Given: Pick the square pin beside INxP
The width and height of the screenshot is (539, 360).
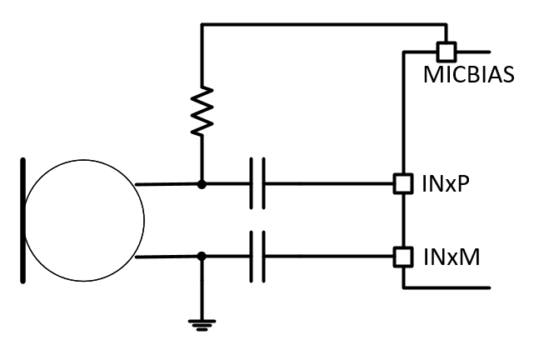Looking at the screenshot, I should [x=403, y=182].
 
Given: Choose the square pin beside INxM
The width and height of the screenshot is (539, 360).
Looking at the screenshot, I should [x=403, y=257].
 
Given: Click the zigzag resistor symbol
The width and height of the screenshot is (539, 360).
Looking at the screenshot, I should [x=201, y=112].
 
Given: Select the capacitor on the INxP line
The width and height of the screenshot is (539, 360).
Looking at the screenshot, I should [x=258, y=182].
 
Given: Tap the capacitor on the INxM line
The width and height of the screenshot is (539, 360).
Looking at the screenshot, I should [x=258, y=257].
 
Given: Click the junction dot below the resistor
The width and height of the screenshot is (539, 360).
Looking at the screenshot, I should [x=201, y=182].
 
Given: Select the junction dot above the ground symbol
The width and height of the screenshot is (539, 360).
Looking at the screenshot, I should [x=201, y=257].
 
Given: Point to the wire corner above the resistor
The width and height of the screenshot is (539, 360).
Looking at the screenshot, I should [x=201, y=26].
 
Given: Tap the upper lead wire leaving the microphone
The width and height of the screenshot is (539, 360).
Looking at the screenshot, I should [x=167, y=182].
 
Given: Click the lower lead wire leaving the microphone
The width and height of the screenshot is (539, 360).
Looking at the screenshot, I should [x=167, y=257].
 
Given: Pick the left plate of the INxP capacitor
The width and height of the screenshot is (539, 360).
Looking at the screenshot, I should [x=252, y=182].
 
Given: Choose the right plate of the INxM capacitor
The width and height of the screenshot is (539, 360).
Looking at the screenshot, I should [x=265, y=257].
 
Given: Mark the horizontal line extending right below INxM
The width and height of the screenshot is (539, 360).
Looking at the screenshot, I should [x=450, y=287].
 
